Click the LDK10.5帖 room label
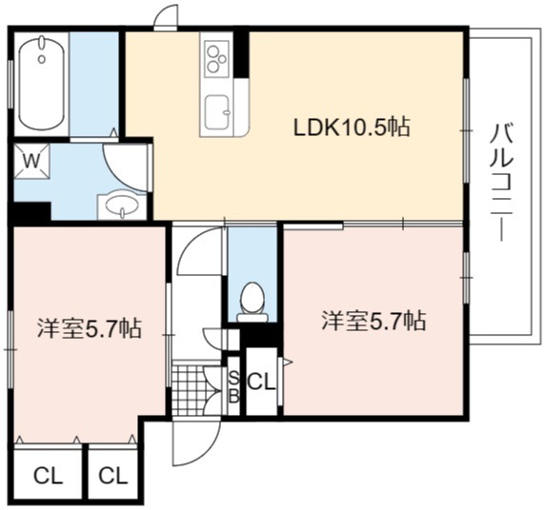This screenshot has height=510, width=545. [352, 127]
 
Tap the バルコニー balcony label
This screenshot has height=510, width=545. [501, 183]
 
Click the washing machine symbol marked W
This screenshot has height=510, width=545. [31, 162]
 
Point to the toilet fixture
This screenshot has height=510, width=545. [252, 302]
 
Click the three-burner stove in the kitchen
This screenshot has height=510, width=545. [217, 58]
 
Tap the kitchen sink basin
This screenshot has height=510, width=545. [217, 111]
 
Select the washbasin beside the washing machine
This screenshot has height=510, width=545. [121, 205]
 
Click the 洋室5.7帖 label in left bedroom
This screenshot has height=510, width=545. [90, 328]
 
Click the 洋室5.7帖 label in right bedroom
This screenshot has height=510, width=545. [373, 321]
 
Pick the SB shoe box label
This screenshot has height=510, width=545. [234, 386]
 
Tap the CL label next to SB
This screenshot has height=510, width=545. [261, 382]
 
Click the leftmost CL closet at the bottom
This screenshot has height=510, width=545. [48, 476]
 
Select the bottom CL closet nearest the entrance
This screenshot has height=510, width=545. [113, 476]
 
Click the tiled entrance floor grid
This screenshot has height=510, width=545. [189, 389]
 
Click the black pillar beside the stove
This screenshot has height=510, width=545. [242, 54]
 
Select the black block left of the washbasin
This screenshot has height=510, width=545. [32, 211]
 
